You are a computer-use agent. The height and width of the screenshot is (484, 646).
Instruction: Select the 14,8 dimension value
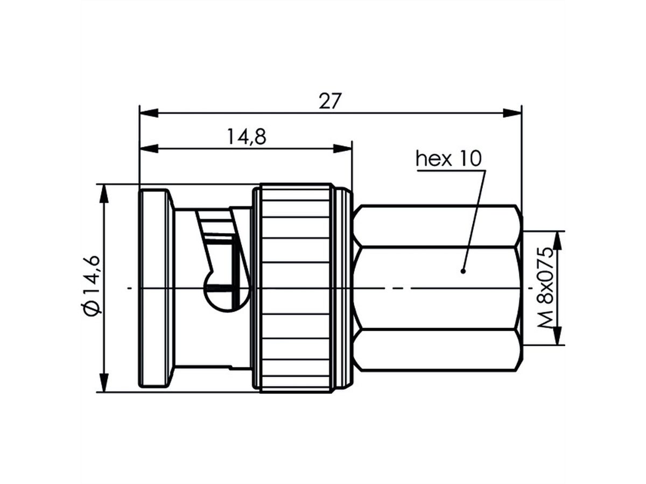246,137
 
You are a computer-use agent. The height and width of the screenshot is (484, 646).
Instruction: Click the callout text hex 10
450,159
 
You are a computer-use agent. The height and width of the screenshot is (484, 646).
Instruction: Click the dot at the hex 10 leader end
463,271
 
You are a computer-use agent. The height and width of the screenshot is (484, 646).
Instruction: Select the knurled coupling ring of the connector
295,288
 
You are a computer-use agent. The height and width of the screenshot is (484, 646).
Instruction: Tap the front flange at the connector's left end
156,288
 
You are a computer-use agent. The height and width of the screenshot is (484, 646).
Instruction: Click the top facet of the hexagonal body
437,226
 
